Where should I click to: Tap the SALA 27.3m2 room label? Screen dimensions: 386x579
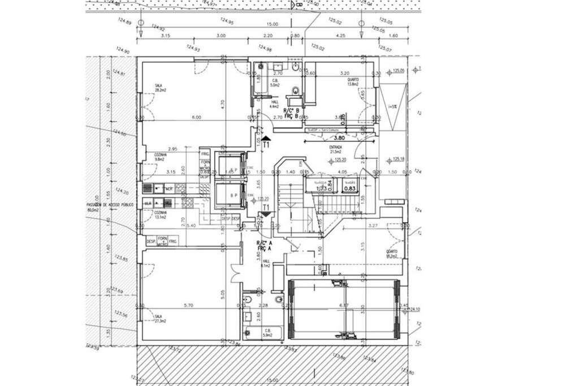(159, 319)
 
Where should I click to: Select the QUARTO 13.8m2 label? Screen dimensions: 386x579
(354, 82)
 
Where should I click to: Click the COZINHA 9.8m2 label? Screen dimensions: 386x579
(160, 157)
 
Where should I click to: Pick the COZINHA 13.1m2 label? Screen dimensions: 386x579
(160, 215)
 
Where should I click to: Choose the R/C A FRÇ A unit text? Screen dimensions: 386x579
(265, 245)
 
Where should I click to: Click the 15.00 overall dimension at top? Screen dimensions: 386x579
(273, 24)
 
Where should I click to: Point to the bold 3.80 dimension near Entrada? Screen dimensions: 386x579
(339, 137)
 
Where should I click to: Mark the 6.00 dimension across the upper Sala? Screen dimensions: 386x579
(196, 117)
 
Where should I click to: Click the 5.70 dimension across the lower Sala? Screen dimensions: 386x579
(191, 305)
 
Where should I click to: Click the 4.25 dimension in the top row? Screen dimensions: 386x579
(340, 36)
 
